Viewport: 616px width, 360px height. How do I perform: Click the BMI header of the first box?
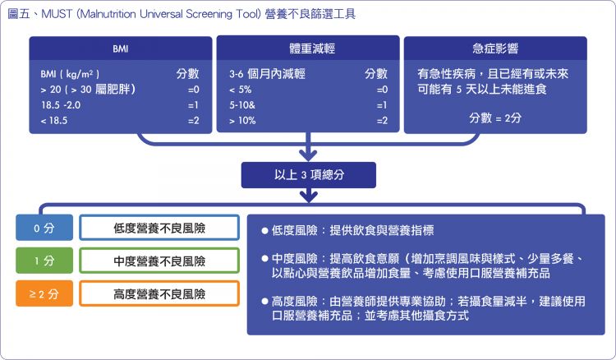coord(121,48)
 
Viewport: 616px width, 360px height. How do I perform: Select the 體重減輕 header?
coord(312,48)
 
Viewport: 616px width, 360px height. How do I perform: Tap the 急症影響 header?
coord(495,48)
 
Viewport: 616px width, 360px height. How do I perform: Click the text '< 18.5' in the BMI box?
coord(54,121)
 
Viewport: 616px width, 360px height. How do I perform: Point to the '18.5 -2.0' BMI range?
coord(61,105)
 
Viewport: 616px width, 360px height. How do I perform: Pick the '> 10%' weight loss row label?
coord(242,121)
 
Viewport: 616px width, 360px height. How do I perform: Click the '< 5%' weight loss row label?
coord(241,90)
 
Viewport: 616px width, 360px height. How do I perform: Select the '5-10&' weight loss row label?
coord(242,105)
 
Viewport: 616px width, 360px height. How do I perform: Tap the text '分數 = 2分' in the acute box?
coord(495,118)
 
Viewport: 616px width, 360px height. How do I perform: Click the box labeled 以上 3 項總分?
coord(309,174)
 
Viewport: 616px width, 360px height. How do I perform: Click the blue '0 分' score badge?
coord(44,228)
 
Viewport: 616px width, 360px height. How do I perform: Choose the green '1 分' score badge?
coord(44,261)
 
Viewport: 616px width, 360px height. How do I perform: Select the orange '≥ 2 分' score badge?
coord(44,293)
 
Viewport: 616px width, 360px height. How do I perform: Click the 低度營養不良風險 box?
coord(159,228)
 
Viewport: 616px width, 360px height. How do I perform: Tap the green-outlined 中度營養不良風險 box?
coord(159,261)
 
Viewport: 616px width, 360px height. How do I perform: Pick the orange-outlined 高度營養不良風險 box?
coord(159,293)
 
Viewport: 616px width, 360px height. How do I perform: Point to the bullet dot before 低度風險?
coord(264,231)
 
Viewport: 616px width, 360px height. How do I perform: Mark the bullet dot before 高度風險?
coord(264,302)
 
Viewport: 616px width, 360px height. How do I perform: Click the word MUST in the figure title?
coord(57,14)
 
